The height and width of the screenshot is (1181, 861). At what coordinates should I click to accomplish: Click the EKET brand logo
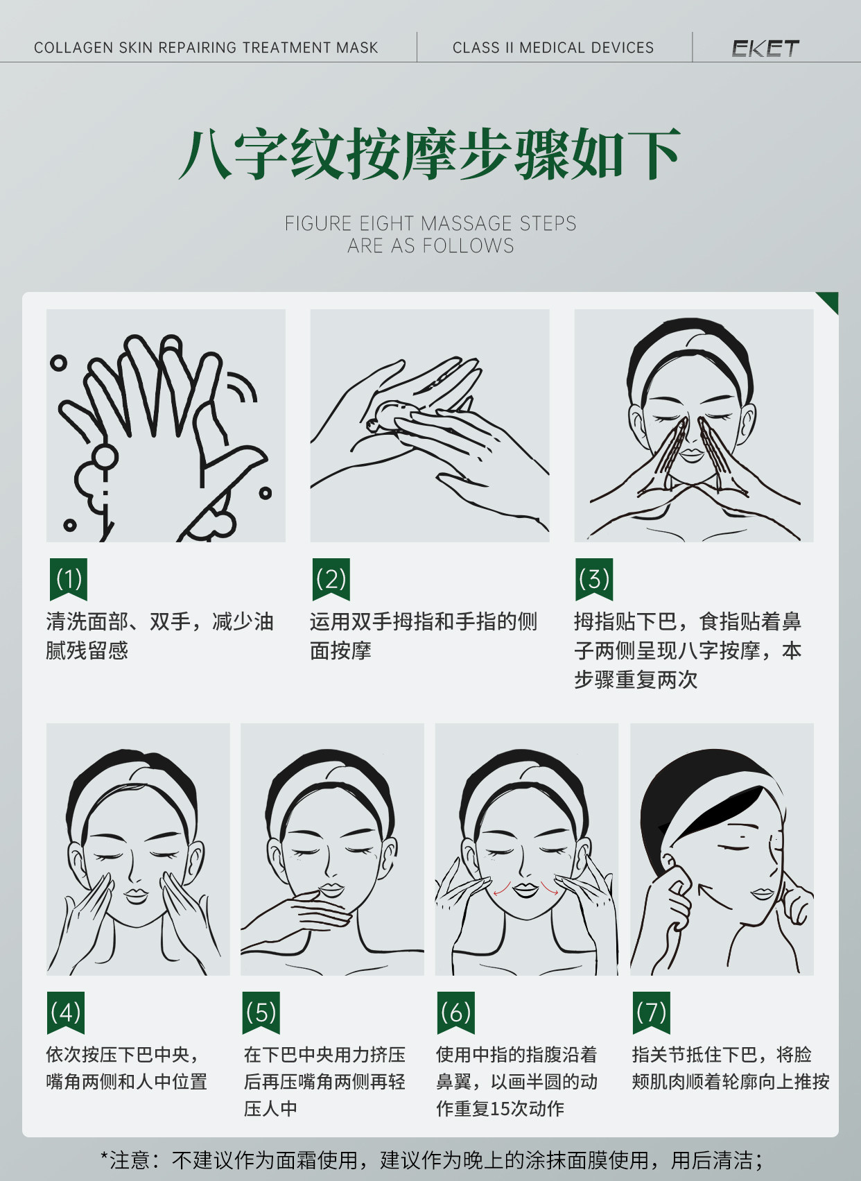[x=765, y=48]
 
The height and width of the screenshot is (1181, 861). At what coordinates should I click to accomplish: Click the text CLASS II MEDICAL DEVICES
[x=553, y=48]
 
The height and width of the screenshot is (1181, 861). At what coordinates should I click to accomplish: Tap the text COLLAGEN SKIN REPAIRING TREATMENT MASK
[x=206, y=48]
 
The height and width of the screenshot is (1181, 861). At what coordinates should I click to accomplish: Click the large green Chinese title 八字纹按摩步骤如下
[x=429, y=155]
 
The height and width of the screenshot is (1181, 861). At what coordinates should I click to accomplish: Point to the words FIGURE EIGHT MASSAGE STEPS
[x=430, y=223]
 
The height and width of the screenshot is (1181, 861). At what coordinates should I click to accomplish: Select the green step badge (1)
[x=69, y=578]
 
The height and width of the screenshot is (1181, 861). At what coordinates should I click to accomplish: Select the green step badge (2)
[x=331, y=578]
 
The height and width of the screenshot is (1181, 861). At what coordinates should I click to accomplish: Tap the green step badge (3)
[x=594, y=578]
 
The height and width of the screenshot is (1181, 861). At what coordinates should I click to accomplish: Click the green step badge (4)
[x=66, y=1012]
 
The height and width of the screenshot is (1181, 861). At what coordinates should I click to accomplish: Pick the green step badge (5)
[x=261, y=1012]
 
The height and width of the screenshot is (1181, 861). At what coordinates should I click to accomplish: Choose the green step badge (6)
[x=455, y=1012]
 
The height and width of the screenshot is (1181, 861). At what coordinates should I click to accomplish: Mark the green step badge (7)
[x=651, y=1012]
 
